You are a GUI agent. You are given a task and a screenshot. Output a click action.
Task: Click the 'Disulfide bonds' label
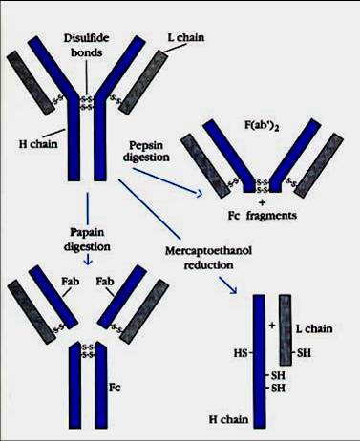87,45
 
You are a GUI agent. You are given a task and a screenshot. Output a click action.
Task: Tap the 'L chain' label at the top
186,37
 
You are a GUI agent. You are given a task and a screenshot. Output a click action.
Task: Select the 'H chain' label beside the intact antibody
38,144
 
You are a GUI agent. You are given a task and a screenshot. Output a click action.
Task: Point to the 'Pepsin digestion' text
146,151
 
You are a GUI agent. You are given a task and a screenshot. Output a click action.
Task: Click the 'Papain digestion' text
87,240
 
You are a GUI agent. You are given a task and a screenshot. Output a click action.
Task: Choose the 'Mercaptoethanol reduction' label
208,258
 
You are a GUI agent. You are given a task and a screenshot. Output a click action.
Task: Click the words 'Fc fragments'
263,216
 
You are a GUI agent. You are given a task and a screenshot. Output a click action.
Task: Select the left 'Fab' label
71,282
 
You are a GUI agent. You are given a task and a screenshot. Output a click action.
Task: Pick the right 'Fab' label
105,282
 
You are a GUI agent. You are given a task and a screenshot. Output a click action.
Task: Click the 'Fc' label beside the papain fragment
115,388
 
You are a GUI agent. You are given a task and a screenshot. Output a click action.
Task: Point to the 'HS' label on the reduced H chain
241,353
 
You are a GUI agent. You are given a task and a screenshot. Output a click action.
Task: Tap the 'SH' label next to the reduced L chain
304,353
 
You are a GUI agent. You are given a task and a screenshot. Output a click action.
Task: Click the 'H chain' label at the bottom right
228,419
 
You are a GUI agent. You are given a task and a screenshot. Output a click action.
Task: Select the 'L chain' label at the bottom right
314,328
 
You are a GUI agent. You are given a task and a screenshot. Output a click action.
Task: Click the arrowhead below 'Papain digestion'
88,262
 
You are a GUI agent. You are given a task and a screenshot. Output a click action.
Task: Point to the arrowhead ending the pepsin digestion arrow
199,193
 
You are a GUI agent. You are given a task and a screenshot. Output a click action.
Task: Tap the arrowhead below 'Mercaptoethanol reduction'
233,289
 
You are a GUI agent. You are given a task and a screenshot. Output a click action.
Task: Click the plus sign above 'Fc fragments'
263,202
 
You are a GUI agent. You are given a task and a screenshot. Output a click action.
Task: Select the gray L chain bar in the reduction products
286,329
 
